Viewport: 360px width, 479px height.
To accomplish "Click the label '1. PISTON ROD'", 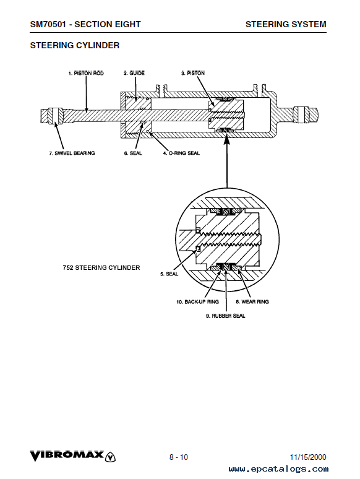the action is coord(86,73).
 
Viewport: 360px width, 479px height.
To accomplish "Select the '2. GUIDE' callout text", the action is coord(134,73).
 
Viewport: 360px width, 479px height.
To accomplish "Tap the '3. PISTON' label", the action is coord(192,73).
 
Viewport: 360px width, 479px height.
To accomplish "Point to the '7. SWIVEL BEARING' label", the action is coord(72,153).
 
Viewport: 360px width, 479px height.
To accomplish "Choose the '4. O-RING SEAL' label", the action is coord(181,153).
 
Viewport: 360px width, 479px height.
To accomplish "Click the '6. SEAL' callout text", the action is coord(133,153).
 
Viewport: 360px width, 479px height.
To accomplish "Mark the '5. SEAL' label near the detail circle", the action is coord(169,274).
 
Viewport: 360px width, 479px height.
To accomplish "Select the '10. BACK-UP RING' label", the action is coord(197,302).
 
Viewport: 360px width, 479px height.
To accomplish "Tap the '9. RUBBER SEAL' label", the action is coord(225,316).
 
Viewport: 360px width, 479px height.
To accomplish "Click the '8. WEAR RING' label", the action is coord(252,302).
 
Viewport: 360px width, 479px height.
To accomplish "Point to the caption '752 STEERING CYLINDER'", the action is coord(101,267).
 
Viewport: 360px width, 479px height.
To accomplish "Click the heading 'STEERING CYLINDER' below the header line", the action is coord(74,46).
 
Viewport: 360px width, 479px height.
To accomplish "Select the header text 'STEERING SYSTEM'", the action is coord(286,24).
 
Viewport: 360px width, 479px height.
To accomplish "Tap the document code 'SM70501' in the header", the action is coord(48,24).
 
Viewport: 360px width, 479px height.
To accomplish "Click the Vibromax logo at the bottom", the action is coord(72,456).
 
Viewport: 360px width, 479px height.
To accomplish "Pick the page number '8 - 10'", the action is coord(179,457).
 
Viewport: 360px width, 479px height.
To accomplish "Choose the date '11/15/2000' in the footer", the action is coord(308,457).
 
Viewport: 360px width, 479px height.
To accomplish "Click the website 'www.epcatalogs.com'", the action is coord(278,469).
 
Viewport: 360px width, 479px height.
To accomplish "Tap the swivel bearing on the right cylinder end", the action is coord(302,114).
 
